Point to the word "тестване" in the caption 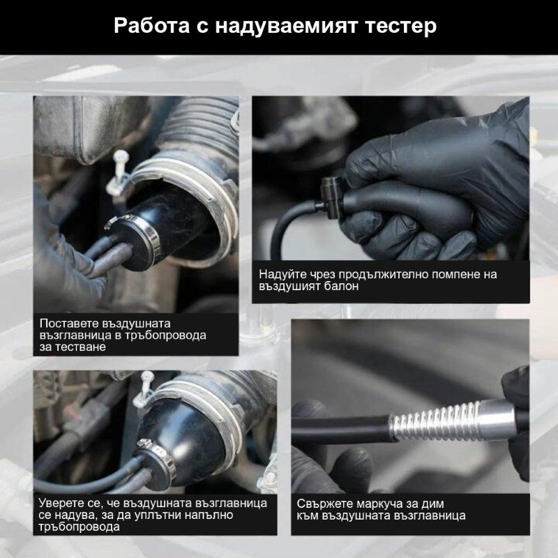[84, 347]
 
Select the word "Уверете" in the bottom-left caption [64, 503]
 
